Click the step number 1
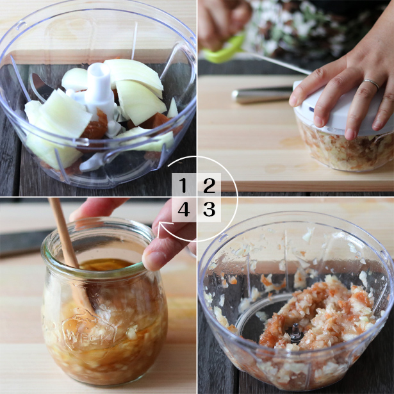(183, 185)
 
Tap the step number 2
(209, 185)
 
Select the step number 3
(209, 209)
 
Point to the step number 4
(184, 209)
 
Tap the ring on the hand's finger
(372, 84)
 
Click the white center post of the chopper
(99, 86)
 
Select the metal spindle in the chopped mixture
(295, 332)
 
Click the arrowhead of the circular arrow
(162, 229)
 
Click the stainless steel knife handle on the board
(262, 94)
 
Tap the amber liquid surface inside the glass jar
(106, 265)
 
